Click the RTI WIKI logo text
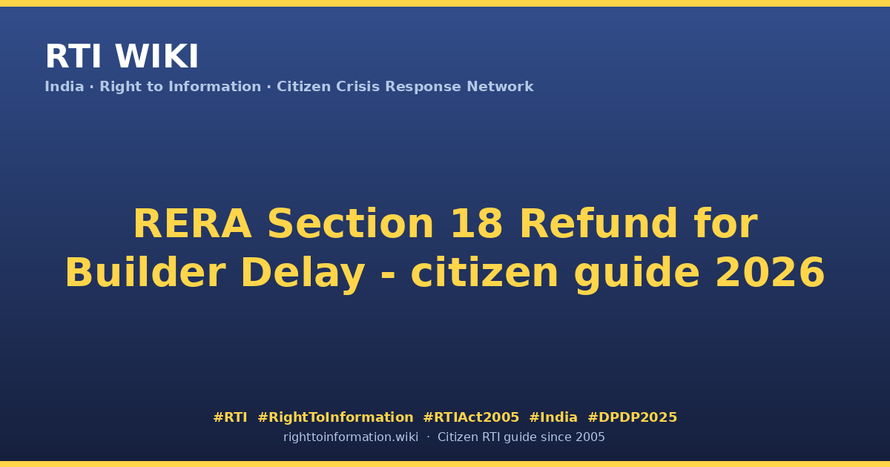(x=122, y=56)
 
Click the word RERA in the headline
(x=193, y=224)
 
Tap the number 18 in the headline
(x=477, y=224)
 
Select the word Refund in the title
(x=599, y=223)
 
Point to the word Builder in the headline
(x=145, y=272)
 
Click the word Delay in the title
(x=303, y=275)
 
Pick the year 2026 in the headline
(x=770, y=273)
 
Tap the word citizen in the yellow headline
(x=484, y=272)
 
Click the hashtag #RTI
(x=230, y=417)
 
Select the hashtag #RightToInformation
(x=335, y=418)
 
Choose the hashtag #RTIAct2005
(x=471, y=417)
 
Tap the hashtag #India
(x=553, y=417)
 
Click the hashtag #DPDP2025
(x=632, y=417)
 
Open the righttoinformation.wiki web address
(x=351, y=437)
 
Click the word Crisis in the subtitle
(x=357, y=87)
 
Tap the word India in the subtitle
(x=65, y=87)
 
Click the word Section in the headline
(x=351, y=224)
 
